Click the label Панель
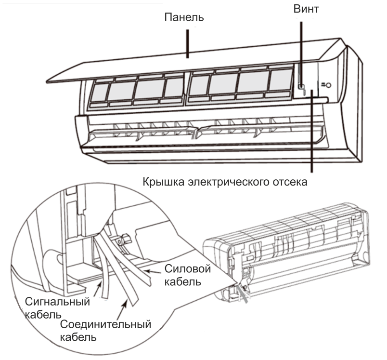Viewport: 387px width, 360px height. click(184, 18)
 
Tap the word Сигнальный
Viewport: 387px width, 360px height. click(57, 302)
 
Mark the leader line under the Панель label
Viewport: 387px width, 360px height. click(189, 43)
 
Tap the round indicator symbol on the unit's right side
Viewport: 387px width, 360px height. click(328, 85)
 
